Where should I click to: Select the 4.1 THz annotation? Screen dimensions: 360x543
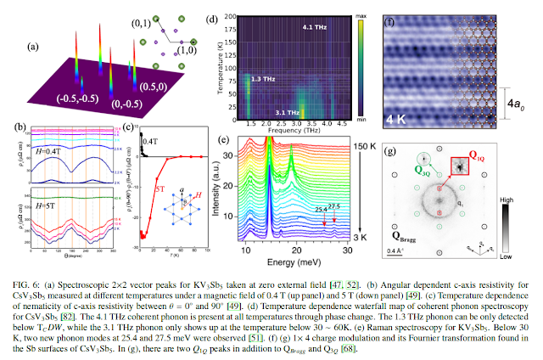pyautogui.click(x=316, y=27)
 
